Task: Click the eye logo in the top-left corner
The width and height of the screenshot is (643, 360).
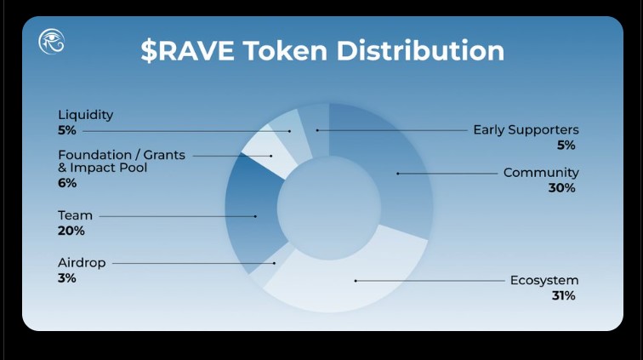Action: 52,41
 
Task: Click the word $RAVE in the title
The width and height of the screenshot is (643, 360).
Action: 187,50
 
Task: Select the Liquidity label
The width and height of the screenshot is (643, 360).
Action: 85,115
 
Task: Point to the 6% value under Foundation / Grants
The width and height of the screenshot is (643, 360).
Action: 67,182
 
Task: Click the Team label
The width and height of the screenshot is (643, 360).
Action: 75,216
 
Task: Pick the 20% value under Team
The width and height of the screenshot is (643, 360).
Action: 71,231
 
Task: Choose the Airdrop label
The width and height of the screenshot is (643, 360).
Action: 82,263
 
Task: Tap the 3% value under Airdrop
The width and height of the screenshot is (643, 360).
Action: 67,277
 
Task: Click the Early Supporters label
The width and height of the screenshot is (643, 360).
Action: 526,130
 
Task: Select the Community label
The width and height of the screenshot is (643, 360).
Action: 541,173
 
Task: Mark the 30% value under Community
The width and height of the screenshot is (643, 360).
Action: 562,187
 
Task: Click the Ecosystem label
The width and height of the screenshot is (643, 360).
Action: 544,280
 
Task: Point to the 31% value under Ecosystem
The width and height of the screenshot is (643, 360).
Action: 563,295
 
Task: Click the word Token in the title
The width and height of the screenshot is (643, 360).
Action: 287,50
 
